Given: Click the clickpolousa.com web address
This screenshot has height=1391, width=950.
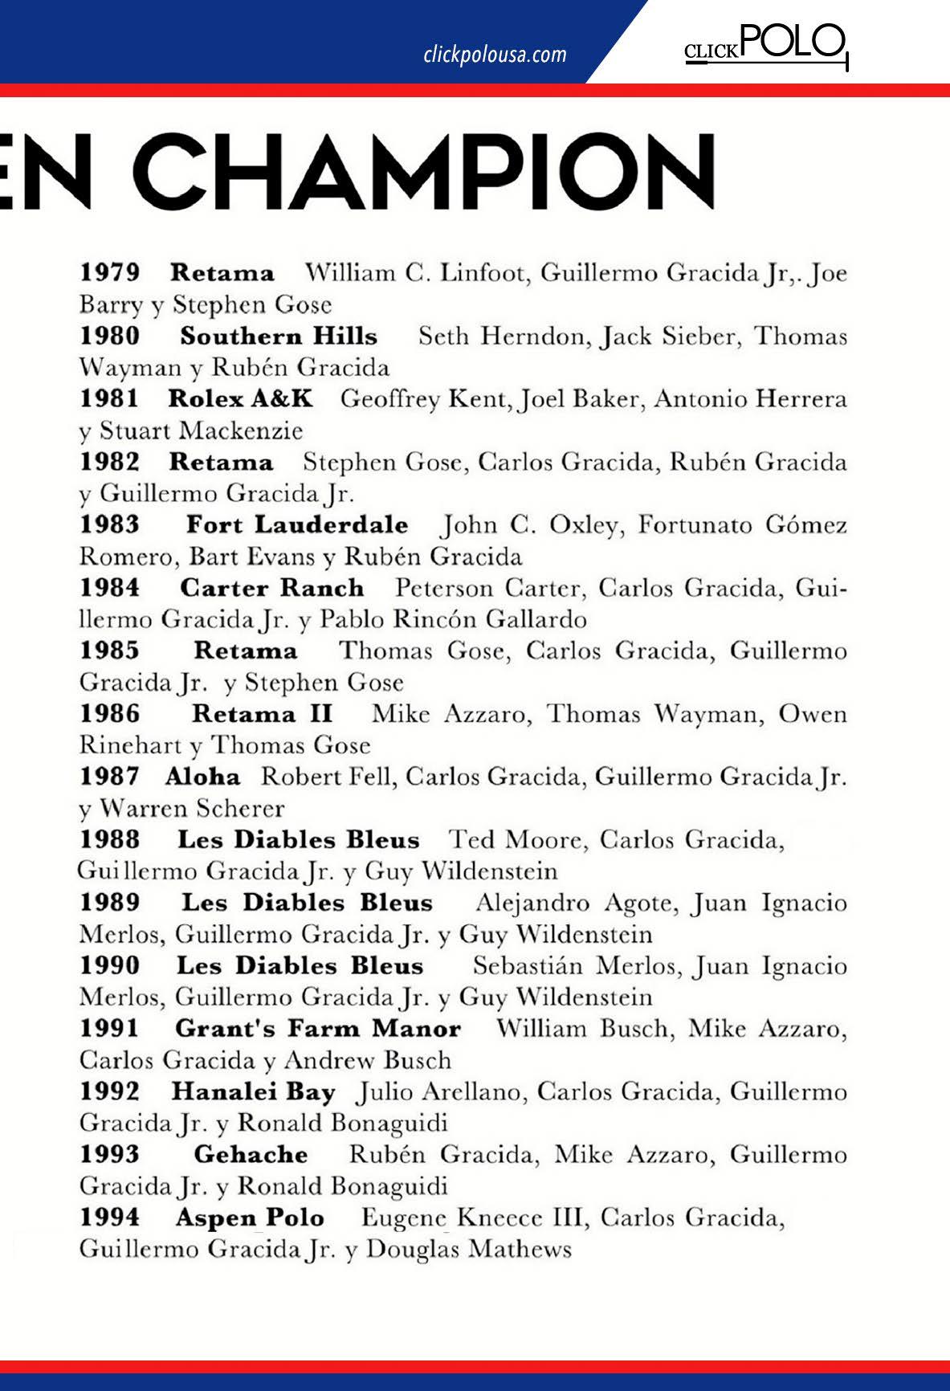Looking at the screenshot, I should coord(495,55).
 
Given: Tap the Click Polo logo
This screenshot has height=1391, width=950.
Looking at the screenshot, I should coord(765,47).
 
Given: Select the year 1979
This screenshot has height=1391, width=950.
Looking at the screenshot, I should coord(110,273).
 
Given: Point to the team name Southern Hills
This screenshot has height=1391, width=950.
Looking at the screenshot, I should coord(279,336).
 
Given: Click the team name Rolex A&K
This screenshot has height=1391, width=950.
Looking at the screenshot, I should coord(240,398).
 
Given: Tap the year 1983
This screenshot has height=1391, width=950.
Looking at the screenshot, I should coord(110,525).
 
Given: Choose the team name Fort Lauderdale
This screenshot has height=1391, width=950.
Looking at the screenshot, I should coord(297,525).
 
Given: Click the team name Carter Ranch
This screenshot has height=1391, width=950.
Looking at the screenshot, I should coord(271,588).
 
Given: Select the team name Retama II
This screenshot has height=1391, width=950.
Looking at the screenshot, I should coord(262,714).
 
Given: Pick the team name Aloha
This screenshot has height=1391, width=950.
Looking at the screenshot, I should coord(202,777).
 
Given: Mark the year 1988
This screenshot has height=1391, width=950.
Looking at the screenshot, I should coord(110,840).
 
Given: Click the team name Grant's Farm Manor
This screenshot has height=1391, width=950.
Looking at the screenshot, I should coord(318,1029).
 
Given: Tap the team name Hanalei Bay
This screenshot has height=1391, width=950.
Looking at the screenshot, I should coord(253,1092).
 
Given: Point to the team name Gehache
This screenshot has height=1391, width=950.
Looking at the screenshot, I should coord(251,1155).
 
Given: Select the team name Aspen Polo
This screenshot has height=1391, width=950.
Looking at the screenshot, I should coord(250,1218).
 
